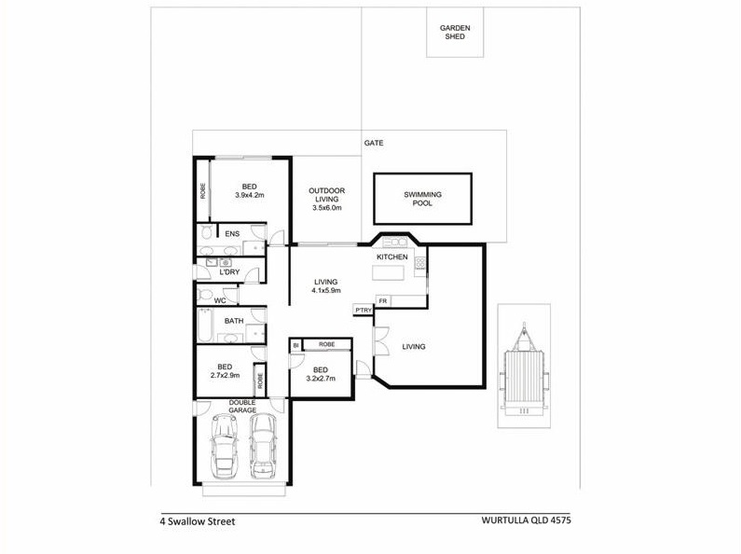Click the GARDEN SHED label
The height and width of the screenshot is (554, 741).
(x=455, y=32)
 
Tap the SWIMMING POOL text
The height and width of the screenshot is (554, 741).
(x=422, y=199)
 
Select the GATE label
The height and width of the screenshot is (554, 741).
(x=374, y=143)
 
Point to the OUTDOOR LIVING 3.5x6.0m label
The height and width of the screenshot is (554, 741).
(x=326, y=199)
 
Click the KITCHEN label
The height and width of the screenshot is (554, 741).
(x=391, y=257)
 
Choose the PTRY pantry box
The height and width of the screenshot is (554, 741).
(x=364, y=310)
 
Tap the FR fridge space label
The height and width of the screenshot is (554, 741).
(x=382, y=301)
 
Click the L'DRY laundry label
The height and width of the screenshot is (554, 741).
(x=229, y=272)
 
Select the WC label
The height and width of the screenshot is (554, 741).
(x=220, y=300)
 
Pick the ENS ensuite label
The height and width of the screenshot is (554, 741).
(x=232, y=234)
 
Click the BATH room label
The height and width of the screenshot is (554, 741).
(x=234, y=321)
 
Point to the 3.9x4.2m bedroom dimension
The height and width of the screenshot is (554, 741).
(x=250, y=195)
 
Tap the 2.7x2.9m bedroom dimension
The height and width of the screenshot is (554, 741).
(x=225, y=375)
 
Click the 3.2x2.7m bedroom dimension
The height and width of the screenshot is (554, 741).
(x=321, y=378)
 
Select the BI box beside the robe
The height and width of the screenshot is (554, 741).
(x=295, y=345)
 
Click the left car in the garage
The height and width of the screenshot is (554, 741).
(x=224, y=446)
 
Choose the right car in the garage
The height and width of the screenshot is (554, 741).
(x=262, y=446)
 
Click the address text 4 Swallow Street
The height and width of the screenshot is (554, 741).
(x=198, y=521)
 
